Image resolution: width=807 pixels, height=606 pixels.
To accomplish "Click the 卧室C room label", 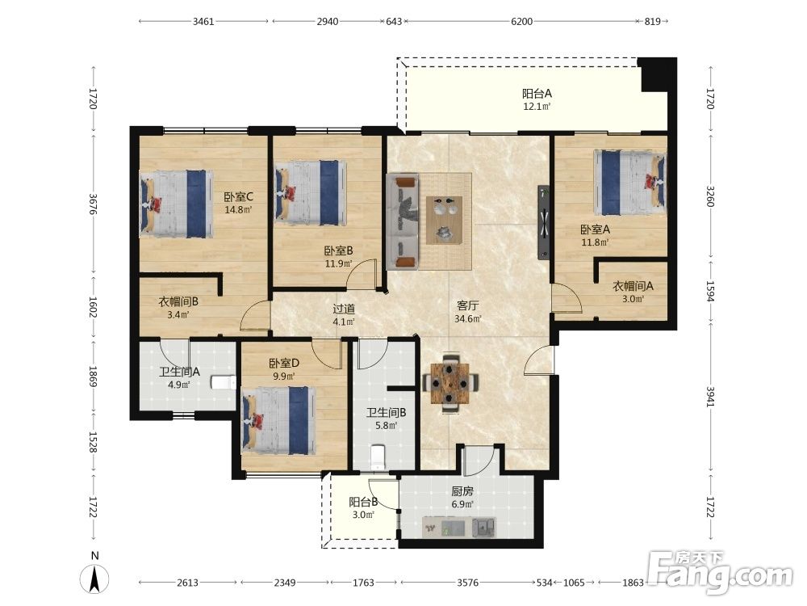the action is point(238,197).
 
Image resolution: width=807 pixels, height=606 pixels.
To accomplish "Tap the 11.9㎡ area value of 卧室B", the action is point(338,264).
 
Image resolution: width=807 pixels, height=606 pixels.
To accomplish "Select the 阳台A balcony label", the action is point(537,94).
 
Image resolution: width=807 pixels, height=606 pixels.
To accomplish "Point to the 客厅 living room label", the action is point(467,306).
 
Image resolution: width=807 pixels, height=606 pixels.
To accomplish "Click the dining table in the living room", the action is point(450,384).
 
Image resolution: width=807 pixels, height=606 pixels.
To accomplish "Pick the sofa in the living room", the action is point(403,221).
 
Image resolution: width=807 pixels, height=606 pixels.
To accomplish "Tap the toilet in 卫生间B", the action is point(378,457).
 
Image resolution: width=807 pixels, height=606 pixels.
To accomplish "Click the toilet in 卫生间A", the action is point(224,382).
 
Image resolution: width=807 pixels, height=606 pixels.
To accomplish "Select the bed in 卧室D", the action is point(278,420).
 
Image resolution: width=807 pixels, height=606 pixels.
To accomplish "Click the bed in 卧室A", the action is point(630,183).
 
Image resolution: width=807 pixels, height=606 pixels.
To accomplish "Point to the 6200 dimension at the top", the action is point(521,22).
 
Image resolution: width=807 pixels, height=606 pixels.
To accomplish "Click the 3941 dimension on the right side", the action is point(710,397).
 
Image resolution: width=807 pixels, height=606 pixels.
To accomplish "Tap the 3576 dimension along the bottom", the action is point(467,583).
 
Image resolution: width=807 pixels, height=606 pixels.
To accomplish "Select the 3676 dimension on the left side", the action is point(93,204).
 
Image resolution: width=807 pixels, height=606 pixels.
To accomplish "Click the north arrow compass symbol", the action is point(94,579).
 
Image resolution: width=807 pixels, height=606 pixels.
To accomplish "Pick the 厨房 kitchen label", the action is point(462,491).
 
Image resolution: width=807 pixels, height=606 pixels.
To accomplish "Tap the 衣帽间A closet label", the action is point(633,286).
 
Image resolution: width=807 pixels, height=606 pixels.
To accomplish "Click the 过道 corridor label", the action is point(343,309).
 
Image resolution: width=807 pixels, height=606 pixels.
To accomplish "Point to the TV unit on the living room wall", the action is point(543,223).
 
